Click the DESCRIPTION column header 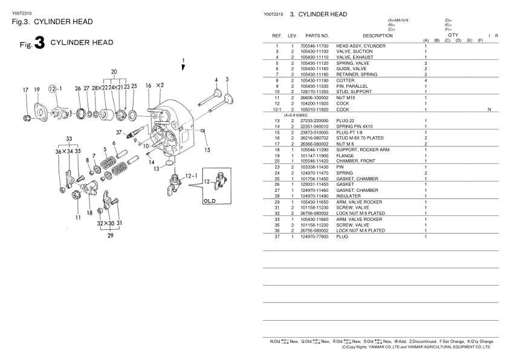pyautogui.click(x=377, y=36)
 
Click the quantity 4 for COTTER pyautogui.click(x=426, y=80)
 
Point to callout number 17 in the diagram pyautogui.click(x=25, y=90)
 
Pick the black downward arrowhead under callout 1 pyautogui.click(x=183, y=68)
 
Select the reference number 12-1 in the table pyautogui.click(x=276, y=109)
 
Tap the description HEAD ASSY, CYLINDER pyautogui.click(x=360, y=47)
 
